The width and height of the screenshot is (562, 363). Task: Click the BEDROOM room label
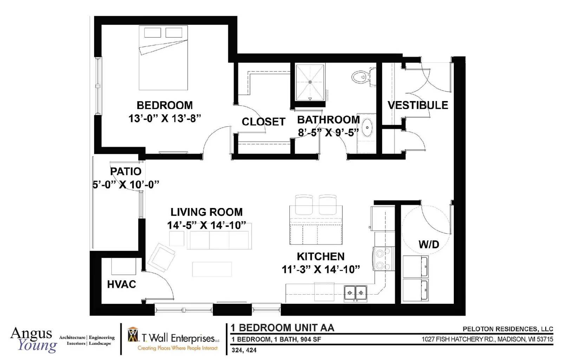pyautogui.click(x=165, y=105)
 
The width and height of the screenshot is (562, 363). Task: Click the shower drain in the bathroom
pyautogui.click(x=310, y=82)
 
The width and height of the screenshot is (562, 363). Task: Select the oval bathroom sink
pyautogui.click(x=367, y=128)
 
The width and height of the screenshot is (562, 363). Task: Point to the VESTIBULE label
pyautogui.click(x=418, y=105)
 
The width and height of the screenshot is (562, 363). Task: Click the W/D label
pyautogui.click(x=429, y=244)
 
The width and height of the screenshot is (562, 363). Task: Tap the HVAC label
pyautogui.click(x=122, y=284)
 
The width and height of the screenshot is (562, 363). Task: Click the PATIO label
pyautogui.click(x=126, y=172)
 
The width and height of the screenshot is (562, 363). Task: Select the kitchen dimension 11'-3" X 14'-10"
pyautogui.click(x=321, y=270)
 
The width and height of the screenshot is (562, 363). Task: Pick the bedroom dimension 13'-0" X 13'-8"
pyautogui.click(x=165, y=118)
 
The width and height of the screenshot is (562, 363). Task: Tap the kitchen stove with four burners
pyautogui.click(x=384, y=259)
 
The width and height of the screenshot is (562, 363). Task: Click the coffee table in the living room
pyautogui.click(x=212, y=269)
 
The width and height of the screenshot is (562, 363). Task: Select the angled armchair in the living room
pyautogui.click(x=161, y=257)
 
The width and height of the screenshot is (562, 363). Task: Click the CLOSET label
pyautogui.click(x=263, y=122)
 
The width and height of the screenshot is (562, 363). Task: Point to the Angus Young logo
pyautogui.click(x=34, y=340)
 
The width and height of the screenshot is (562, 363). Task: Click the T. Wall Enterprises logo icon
pyautogui.click(x=133, y=335)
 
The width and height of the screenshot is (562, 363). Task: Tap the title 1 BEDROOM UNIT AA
pyautogui.click(x=282, y=328)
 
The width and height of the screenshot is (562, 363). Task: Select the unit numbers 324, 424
pyautogui.click(x=244, y=350)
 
